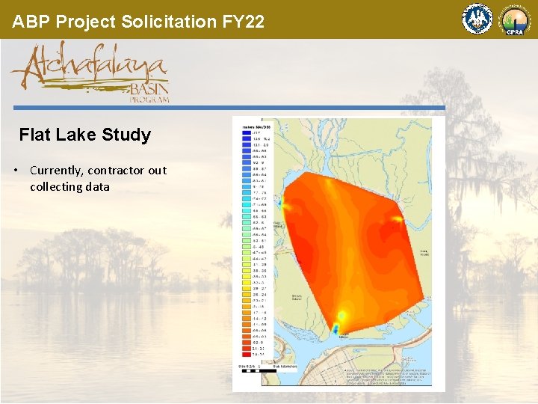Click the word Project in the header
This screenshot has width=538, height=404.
(85, 21)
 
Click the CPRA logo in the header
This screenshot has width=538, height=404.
(514, 19)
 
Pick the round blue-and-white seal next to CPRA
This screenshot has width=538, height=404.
(477, 19)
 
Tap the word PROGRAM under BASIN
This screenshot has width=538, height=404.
(149, 99)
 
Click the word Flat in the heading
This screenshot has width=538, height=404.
(34, 135)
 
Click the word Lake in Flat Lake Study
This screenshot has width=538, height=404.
(75, 135)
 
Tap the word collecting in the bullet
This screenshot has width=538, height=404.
(59, 187)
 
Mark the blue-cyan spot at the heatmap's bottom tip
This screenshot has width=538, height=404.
(336, 328)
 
